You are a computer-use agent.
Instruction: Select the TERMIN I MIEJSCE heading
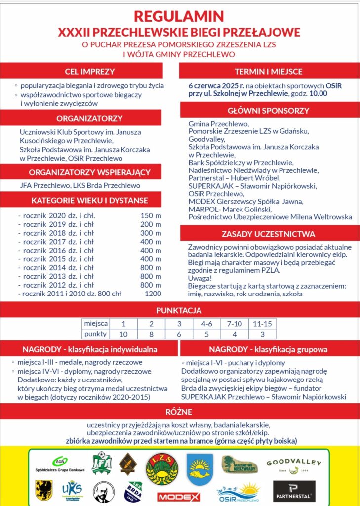pos(269,71)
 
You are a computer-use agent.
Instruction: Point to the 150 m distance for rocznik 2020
pos(151,216)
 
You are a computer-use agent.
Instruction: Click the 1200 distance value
pos(152,294)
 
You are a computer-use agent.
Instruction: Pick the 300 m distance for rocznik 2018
pos(151,233)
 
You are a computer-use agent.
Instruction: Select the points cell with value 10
pos(123,334)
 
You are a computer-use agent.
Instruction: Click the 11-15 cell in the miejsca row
pos(261,324)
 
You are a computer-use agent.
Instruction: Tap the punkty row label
pos(95,334)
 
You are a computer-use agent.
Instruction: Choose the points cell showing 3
pos(261,334)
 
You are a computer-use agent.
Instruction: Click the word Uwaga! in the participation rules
pos(199,279)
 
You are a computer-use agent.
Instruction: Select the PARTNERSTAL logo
pos(294,491)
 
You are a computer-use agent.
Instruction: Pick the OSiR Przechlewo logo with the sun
pos(239,492)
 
